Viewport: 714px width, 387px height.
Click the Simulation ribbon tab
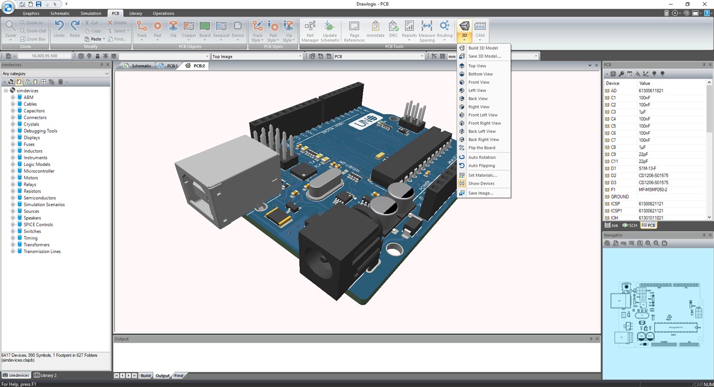[91, 13]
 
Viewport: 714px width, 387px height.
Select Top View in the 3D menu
[477, 66]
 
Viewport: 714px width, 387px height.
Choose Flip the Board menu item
[481, 148]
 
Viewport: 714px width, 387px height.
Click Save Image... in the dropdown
[480, 193]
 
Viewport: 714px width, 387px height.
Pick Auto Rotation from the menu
[482, 157]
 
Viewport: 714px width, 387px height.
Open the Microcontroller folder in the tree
[39, 171]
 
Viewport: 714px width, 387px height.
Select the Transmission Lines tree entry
[42, 251]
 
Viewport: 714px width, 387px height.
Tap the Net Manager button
[310, 31]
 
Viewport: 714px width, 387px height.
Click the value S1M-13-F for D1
[647, 168]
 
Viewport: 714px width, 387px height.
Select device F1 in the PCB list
[613, 189]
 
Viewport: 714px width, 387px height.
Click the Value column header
[645, 83]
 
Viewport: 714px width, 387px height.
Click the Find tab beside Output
[179, 376]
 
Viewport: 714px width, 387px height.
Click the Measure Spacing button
[427, 31]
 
